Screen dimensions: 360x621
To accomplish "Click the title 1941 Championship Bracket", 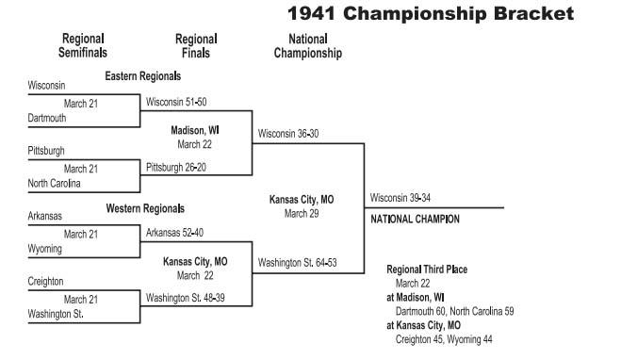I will tap(429, 13).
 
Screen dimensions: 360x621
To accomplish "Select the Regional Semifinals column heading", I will tap(83, 46).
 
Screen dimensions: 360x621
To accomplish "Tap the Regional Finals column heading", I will tap(196, 46).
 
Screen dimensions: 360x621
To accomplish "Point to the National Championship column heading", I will tap(307, 46).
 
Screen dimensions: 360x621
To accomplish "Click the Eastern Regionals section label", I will tap(142, 76).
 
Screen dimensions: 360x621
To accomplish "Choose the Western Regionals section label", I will tap(144, 208).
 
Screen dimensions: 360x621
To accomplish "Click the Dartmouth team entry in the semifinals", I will tap(48, 119).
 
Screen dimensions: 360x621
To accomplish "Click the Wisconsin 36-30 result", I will tap(288, 134).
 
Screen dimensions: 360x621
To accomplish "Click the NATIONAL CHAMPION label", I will tap(415, 219).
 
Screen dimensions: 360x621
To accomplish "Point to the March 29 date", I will tap(302, 214).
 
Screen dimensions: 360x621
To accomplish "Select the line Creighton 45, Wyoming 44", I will tap(444, 339).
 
